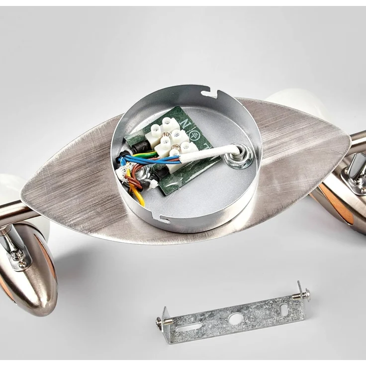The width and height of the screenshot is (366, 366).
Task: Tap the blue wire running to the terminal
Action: pyautogui.click(x=149, y=160)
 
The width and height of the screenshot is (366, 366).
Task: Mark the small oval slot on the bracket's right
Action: pyautogui.click(x=284, y=309)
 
